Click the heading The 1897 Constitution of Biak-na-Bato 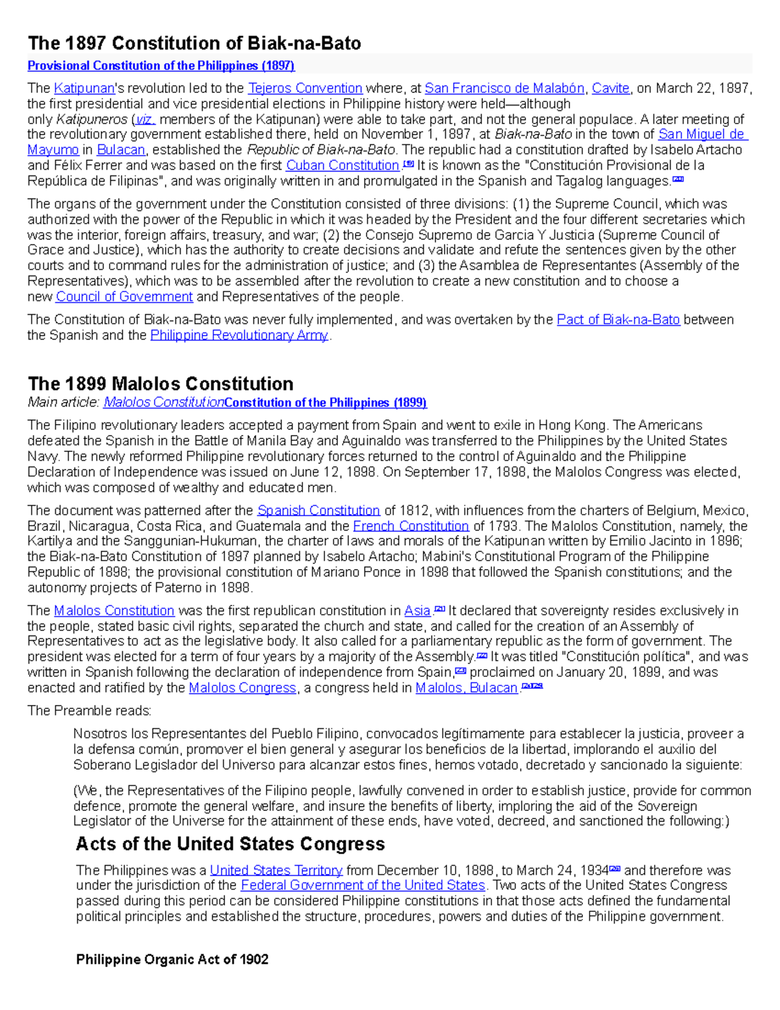click(x=194, y=44)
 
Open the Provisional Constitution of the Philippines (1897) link click(x=161, y=66)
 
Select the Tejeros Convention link click(x=305, y=88)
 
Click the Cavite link click(x=610, y=88)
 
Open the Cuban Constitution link click(x=343, y=166)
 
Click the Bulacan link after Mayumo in click(x=121, y=150)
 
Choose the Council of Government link click(x=124, y=297)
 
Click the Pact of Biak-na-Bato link click(x=618, y=320)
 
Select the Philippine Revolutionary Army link click(x=239, y=336)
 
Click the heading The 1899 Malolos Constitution click(x=160, y=384)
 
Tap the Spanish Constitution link click(x=318, y=511)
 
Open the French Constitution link click(x=410, y=526)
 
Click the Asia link click(x=417, y=611)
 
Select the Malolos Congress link click(x=242, y=688)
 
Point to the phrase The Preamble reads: click(x=89, y=711)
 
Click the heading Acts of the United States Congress click(x=230, y=844)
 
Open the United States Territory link click(x=276, y=870)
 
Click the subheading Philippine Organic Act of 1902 click(x=172, y=959)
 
